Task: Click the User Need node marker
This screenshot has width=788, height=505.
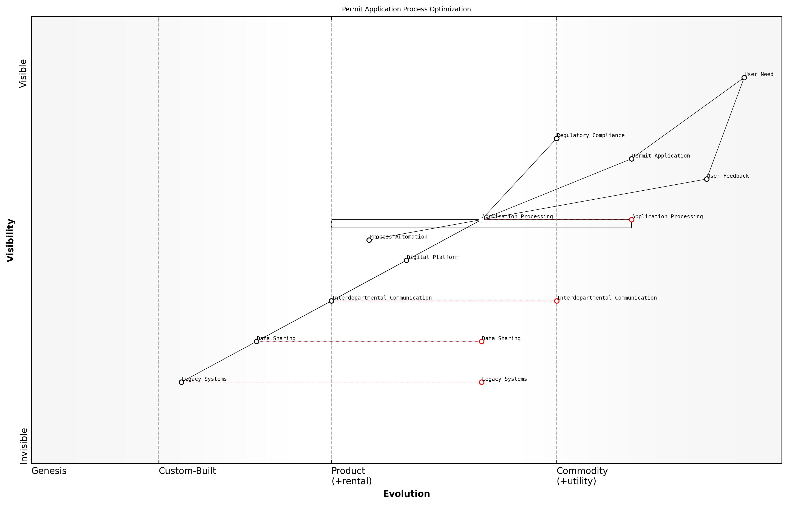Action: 744,78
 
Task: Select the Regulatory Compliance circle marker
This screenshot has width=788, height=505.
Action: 557,138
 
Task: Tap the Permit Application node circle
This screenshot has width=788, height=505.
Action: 632,159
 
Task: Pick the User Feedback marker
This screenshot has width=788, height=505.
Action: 707,179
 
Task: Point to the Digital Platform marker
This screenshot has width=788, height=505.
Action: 406,260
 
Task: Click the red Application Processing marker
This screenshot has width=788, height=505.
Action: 632,220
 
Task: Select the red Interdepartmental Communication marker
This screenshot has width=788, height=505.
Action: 557,301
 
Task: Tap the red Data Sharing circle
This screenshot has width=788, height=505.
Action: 482,342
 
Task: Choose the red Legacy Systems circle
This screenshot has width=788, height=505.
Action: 482,382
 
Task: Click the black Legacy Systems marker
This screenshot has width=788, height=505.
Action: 182,382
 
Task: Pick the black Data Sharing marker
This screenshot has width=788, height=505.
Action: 256,342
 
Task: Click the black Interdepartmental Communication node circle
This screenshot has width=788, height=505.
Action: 332,301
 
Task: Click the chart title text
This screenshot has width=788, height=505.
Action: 406,9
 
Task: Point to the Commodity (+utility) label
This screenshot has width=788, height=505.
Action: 582,476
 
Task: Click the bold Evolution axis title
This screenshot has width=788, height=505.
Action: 406,494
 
